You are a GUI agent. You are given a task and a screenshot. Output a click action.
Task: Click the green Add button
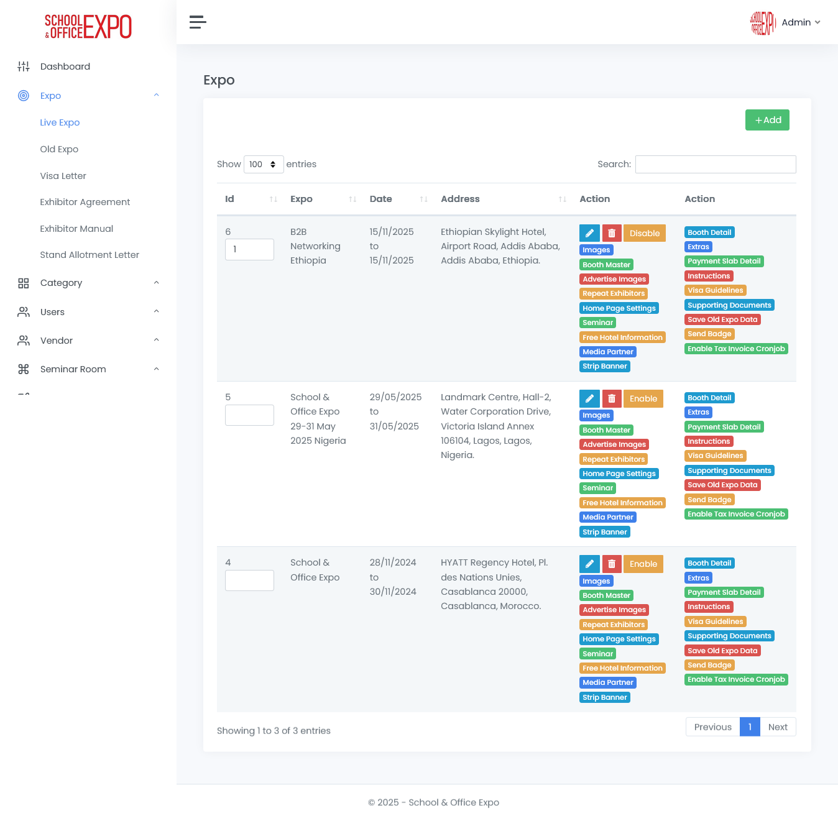(767, 120)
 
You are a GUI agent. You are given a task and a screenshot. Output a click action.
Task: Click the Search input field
(715, 164)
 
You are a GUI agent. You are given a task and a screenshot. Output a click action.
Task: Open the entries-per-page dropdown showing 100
(264, 164)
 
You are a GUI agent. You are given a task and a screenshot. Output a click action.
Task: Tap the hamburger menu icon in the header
(198, 22)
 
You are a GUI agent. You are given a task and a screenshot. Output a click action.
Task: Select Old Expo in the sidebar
(59, 149)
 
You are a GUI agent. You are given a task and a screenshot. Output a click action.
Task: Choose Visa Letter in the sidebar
(63, 176)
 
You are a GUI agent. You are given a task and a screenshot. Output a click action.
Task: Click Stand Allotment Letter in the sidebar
(90, 255)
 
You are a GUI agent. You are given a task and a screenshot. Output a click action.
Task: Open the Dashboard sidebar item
(65, 67)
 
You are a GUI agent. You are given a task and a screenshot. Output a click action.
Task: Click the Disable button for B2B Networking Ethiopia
(644, 233)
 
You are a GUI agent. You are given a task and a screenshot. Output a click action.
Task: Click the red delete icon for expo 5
(612, 398)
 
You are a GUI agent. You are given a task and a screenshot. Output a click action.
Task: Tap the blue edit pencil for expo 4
(589, 564)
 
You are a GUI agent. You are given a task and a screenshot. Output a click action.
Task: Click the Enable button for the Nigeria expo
(643, 398)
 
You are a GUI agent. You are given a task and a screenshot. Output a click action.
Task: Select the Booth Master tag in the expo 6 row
(606, 265)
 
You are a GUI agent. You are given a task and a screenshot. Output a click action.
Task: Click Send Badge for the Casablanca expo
(709, 665)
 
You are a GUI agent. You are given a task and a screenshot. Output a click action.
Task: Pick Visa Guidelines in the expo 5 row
(715, 456)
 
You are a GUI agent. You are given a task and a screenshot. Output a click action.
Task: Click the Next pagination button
(777, 727)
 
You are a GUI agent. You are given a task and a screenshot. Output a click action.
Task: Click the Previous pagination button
(712, 727)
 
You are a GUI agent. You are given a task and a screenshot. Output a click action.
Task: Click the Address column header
(460, 199)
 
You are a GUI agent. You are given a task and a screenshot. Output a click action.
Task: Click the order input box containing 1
(249, 249)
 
